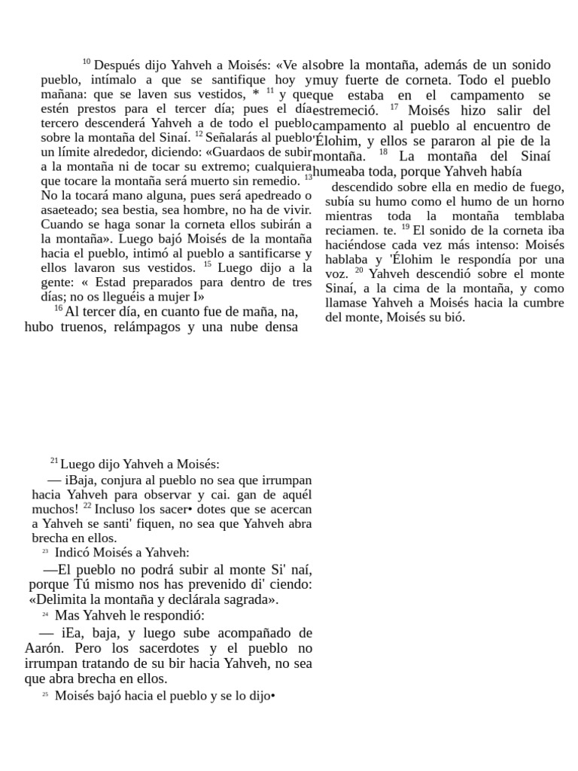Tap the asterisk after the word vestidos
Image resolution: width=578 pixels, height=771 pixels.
click(x=256, y=93)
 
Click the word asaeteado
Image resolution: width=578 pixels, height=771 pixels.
click(x=68, y=209)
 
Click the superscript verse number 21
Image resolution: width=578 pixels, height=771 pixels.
click(x=54, y=460)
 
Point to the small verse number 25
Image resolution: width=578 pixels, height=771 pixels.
click(x=45, y=695)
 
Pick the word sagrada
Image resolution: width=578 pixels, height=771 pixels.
click(x=249, y=599)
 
